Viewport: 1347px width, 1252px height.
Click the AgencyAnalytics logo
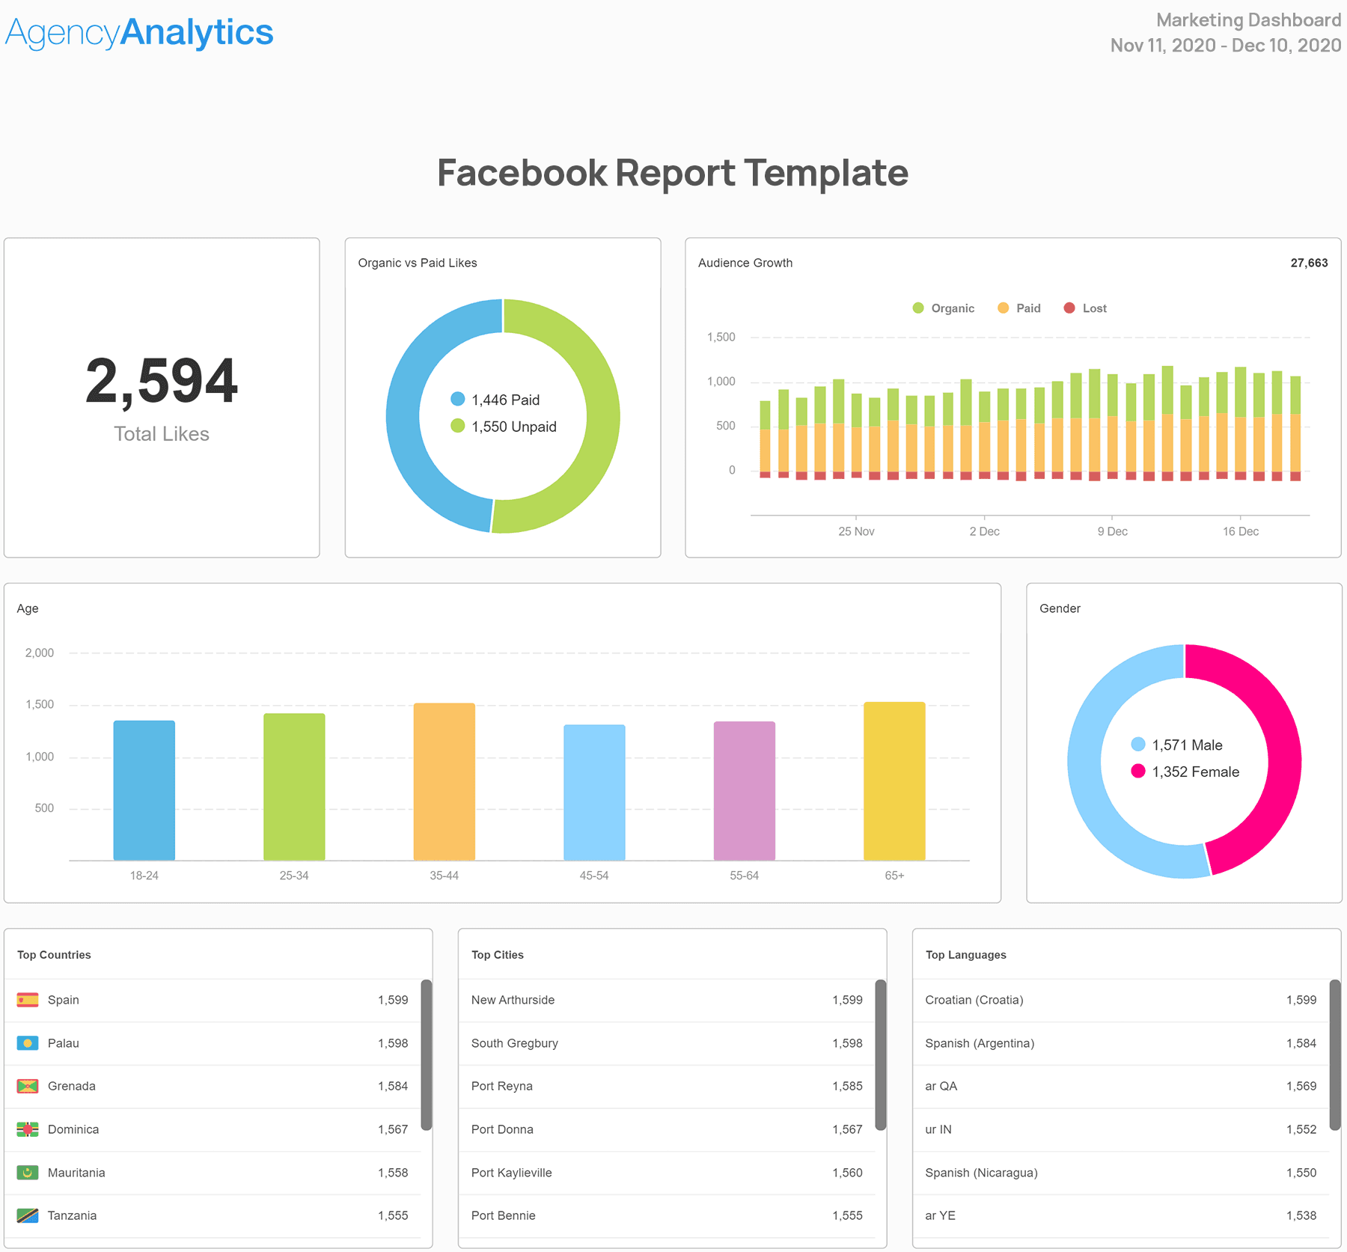pyautogui.click(x=139, y=33)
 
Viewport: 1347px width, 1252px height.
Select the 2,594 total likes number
pyautogui.click(x=162, y=382)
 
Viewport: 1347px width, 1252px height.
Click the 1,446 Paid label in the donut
pyautogui.click(x=504, y=400)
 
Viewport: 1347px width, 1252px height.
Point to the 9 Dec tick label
pyautogui.click(x=1112, y=531)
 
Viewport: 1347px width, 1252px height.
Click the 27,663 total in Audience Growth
pyautogui.click(x=1309, y=263)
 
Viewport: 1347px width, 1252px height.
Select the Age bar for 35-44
pyautogui.click(x=444, y=781)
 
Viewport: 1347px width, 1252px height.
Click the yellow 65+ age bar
pyautogui.click(x=894, y=781)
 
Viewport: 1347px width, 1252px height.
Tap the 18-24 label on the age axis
pyautogui.click(x=144, y=876)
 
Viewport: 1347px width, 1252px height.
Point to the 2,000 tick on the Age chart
pyautogui.click(x=40, y=653)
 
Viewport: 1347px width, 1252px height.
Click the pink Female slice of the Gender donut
pyautogui.click(x=1272, y=733)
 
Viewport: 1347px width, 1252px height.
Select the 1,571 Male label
pyautogui.click(x=1187, y=745)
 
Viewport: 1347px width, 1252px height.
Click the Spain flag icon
pyautogui.click(x=28, y=1000)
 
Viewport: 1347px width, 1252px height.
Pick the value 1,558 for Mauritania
pyautogui.click(x=393, y=1173)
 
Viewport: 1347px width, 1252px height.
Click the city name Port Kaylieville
pyautogui.click(x=511, y=1173)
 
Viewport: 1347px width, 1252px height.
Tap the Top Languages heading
pyautogui.click(x=965, y=955)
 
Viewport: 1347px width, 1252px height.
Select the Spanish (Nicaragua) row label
pyautogui.click(x=981, y=1173)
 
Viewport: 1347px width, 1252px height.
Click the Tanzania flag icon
pyautogui.click(x=28, y=1216)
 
